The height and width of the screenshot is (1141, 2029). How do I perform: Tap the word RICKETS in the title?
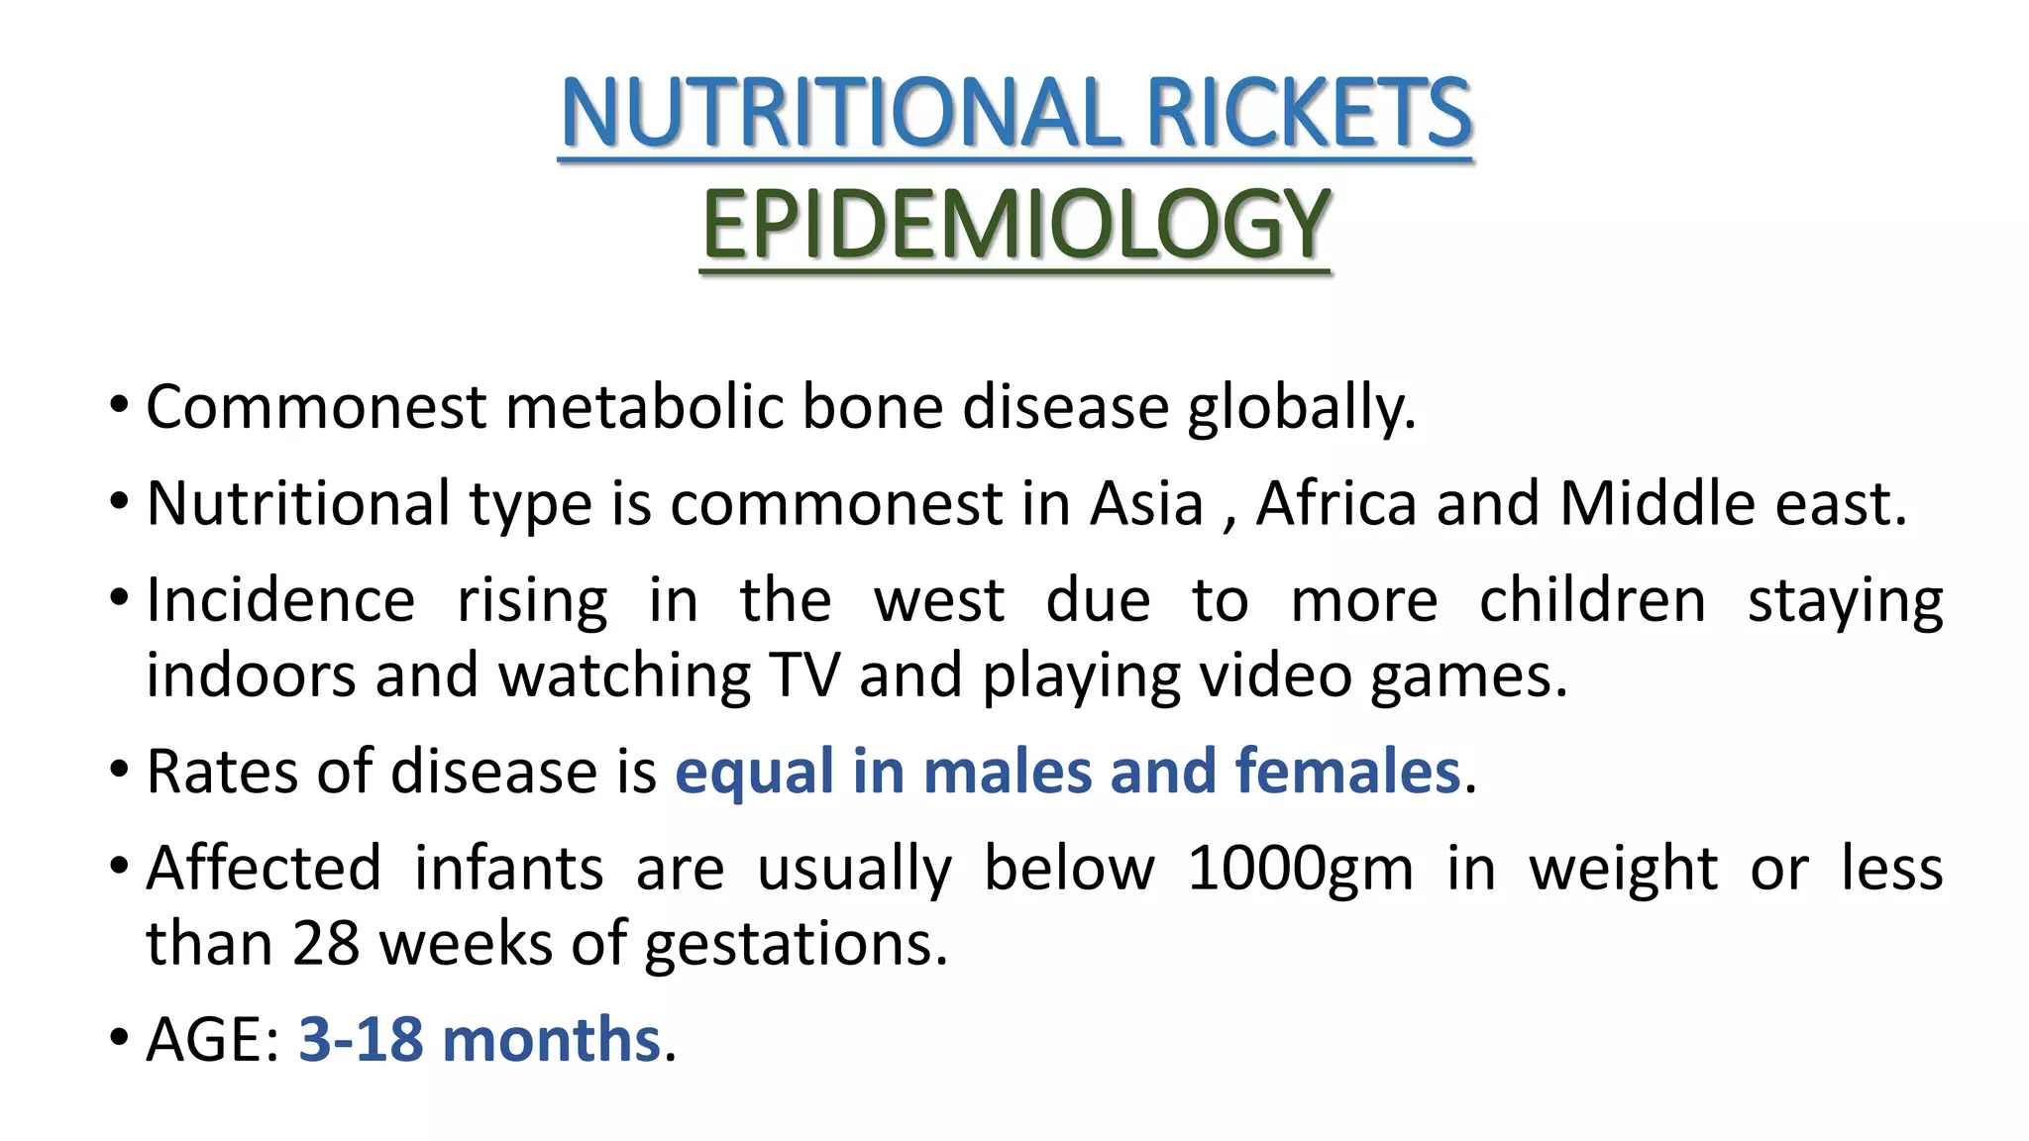pyautogui.click(x=1309, y=113)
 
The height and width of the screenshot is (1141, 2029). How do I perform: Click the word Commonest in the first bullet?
pyautogui.click(x=316, y=407)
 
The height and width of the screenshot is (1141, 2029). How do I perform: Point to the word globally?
pyautogui.click(x=1302, y=409)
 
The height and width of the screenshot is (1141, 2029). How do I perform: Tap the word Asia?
pyautogui.click(x=1146, y=503)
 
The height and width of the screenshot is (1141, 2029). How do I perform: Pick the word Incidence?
pyautogui.click(x=280, y=600)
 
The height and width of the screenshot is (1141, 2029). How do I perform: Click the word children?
pyautogui.click(x=1592, y=600)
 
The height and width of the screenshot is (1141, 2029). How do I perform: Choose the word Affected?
pyautogui.click(x=264, y=869)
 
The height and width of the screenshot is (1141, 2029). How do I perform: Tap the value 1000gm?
pyautogui.click(x=1300, y=870)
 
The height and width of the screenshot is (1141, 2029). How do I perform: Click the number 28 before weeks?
pyautogui.click(x=326, y=943)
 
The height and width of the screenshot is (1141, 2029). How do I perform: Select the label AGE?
pyautogui.click(x=213, y=1040)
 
